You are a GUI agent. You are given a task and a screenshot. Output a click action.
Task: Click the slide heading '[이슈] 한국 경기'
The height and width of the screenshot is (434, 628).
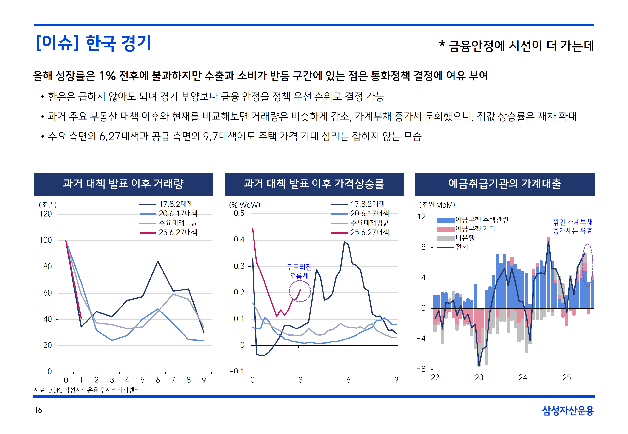[x=93, y=43]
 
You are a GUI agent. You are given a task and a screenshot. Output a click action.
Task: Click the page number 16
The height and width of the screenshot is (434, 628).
[x=38, y=410]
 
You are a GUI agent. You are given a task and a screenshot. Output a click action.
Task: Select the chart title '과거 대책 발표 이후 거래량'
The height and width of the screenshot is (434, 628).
[x=123, y=184]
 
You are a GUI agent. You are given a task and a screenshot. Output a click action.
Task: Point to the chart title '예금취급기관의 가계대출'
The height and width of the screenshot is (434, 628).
[x=505, y=184]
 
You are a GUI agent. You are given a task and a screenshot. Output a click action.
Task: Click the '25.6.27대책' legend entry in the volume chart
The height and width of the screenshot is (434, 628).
[x=178, y=232]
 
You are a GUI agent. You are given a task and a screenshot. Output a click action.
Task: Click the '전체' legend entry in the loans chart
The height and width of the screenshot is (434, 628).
[x=462, y=247]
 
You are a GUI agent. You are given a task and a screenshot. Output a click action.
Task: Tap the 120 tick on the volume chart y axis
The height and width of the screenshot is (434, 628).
[x=45, y=214]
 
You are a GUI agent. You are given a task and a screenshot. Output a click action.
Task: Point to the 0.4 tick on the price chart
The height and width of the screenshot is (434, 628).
[x=239, y=240]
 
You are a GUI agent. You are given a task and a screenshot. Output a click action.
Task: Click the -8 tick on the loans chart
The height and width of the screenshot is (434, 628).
[x=421, y=369]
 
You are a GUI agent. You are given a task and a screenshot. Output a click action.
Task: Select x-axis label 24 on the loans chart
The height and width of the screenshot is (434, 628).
[x=523, y=377]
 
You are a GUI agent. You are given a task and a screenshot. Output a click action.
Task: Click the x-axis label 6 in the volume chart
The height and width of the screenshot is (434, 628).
[x=158, y=380]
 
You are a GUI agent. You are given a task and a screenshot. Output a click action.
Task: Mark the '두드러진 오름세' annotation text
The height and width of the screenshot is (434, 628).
[x=299, y=271]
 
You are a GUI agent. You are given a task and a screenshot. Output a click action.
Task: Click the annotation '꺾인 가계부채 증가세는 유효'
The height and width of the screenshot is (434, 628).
[x=572, y=226]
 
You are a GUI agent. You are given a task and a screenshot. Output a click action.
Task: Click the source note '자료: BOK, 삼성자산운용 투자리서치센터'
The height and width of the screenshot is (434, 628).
[x=87, y=390]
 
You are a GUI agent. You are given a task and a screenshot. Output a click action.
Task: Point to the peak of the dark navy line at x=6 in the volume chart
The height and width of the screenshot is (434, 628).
[x=158, y=261]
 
